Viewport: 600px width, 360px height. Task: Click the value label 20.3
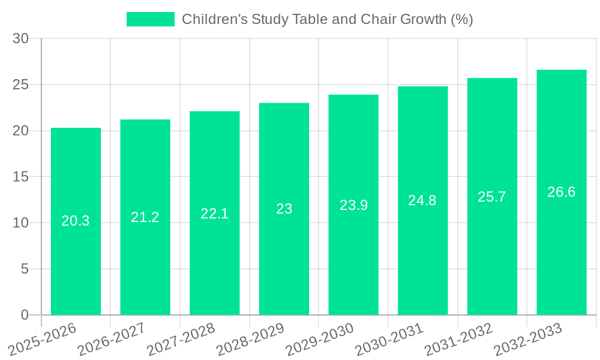[76, 221]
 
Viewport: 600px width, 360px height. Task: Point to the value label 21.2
[145, 217]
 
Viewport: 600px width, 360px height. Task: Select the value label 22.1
[214, 213]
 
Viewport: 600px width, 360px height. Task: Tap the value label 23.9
[353, 205]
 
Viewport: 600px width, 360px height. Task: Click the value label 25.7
[492, 197]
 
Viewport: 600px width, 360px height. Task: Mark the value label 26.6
[562, 192]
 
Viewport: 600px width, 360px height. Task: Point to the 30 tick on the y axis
[21, 38]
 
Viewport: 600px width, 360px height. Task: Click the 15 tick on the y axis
[21, 177]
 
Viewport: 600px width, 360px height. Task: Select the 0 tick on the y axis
[25, 315]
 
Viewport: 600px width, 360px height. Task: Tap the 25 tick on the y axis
[21, 85]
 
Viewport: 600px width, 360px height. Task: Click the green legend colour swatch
[150, 19]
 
